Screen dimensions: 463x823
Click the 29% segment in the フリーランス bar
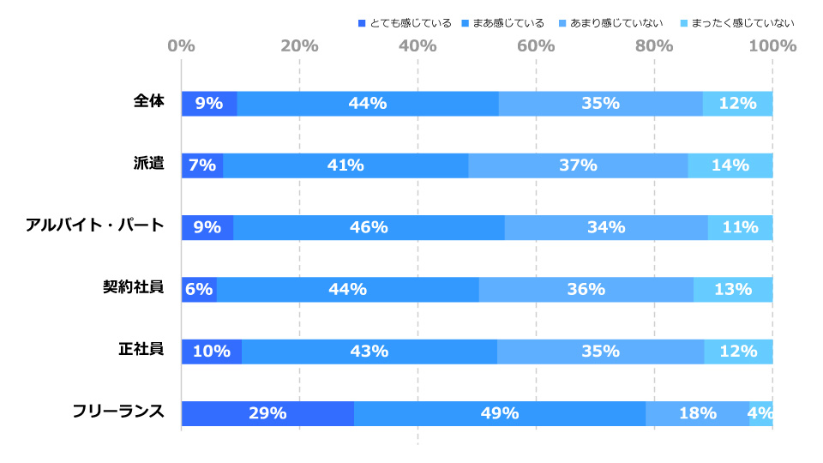click(267, 413)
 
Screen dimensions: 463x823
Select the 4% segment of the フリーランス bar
click(760, 413)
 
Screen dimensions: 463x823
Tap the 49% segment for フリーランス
click(499, 413)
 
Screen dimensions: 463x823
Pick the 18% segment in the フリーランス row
click(697, 413)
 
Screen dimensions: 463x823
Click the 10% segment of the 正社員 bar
click(211, 352)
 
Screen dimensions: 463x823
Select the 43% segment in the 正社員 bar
click(369, 352)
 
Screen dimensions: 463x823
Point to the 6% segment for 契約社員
click(199, 290)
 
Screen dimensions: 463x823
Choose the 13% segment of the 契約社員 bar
click(733, 290)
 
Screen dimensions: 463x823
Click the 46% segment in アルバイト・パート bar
click(369, 228)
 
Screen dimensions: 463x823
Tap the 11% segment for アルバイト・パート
click(740, 228)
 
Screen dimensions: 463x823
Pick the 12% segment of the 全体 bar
click(737, 104)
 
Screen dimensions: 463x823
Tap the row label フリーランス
click(118, 411)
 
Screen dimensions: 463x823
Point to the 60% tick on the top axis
click(536, 45)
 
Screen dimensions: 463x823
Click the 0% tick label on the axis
click(181, 45)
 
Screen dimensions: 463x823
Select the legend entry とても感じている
click(403, 23)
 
